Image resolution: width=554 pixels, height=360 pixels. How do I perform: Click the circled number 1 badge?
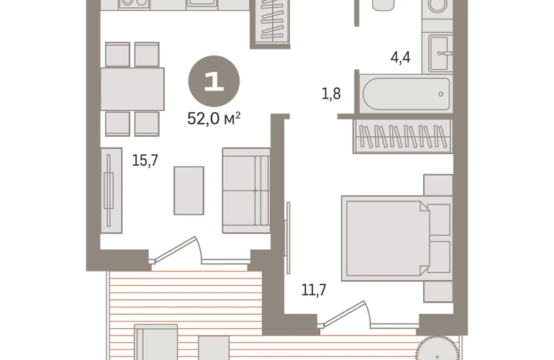(214, 81)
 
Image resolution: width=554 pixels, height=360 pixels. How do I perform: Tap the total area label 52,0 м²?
(214, 119)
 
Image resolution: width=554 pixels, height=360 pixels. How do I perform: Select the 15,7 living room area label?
(145, 161)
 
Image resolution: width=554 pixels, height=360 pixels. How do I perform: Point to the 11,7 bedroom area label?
(314, 290)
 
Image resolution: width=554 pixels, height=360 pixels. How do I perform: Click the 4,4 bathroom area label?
(400, 58)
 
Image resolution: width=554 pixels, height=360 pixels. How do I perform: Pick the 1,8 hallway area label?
(331, 94)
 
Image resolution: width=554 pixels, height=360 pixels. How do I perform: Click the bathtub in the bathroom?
(407, 94)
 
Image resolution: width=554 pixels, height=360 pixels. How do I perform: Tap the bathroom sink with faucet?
(440, 53)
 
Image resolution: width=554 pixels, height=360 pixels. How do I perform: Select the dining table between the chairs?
(132, 89)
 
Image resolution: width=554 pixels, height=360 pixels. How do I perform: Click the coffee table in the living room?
(189, 191)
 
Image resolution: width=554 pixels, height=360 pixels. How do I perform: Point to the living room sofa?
(246, 191)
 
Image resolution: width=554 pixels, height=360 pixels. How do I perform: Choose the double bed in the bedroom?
(396, 238)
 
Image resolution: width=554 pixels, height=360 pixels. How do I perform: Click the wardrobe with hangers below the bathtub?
(403, 137)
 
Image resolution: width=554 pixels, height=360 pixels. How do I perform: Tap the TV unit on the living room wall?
(112, 190)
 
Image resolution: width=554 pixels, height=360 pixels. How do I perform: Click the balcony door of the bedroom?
(345, 314)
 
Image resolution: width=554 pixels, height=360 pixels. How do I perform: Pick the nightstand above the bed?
(438, 185)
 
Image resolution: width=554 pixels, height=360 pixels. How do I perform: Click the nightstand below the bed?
(438, 292)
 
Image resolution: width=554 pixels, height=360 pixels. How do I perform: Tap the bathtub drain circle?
(440, 94)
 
